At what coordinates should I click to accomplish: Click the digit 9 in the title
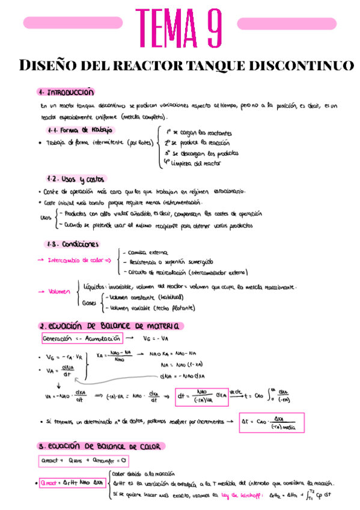207,27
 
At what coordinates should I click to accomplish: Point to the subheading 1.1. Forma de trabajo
80,130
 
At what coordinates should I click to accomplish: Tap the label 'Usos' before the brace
45,218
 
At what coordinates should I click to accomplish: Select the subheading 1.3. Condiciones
73,244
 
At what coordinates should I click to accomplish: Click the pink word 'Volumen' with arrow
58,292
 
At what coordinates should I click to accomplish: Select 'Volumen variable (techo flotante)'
149,307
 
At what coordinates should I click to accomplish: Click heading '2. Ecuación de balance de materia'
109,326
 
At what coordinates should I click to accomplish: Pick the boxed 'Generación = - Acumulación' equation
82,339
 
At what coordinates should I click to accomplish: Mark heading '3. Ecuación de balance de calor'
102,446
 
